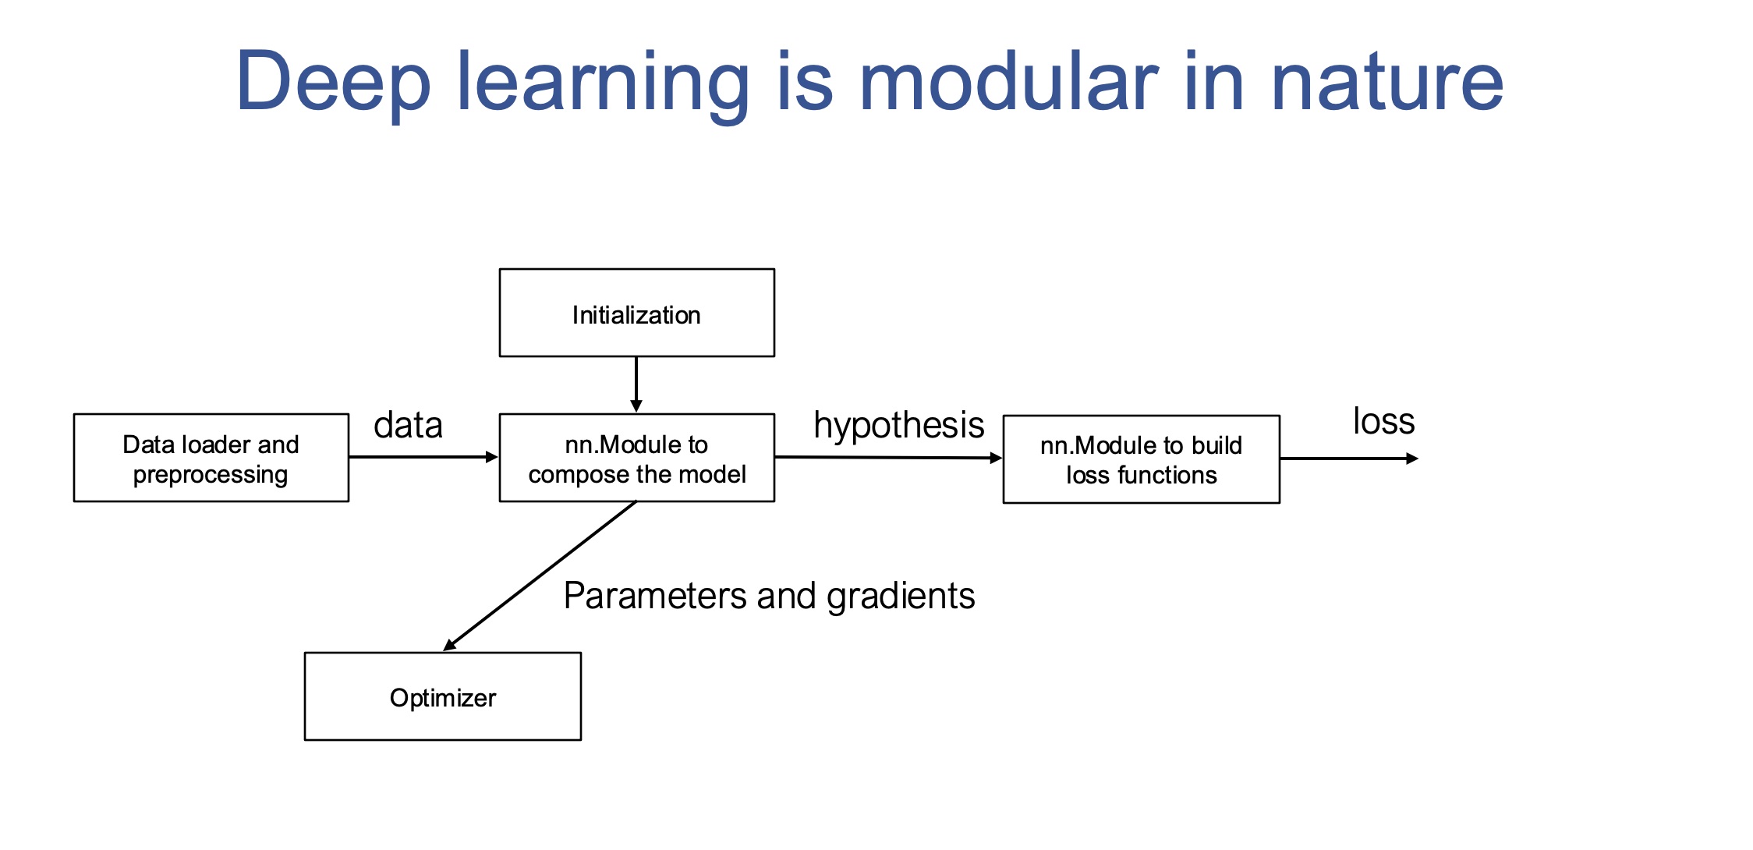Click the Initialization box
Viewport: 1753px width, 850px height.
tap(636, 313)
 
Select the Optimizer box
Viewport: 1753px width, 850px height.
tap(442, 696)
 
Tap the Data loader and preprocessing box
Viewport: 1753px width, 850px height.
tap(211, 458)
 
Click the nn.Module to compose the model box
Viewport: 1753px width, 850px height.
tap(636, 458)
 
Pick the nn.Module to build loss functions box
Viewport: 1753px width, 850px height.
tap(1141, 459)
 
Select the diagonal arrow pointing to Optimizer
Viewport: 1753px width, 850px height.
tap(540, 576)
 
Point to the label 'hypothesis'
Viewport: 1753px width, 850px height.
tap(898, 426)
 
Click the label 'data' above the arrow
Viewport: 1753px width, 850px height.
tap(408, 426)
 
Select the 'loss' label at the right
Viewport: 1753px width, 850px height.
tap(1383, 422)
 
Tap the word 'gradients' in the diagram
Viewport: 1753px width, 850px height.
tap(901, 597)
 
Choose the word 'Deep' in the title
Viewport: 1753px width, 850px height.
tap(333, 83)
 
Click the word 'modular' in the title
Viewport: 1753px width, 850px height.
tap(1008, 81)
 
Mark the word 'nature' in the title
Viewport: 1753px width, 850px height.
tap(1386, 83)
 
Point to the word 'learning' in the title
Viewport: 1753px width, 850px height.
tap(602, 83)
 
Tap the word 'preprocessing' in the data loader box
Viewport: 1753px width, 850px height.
tap(211, 475)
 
